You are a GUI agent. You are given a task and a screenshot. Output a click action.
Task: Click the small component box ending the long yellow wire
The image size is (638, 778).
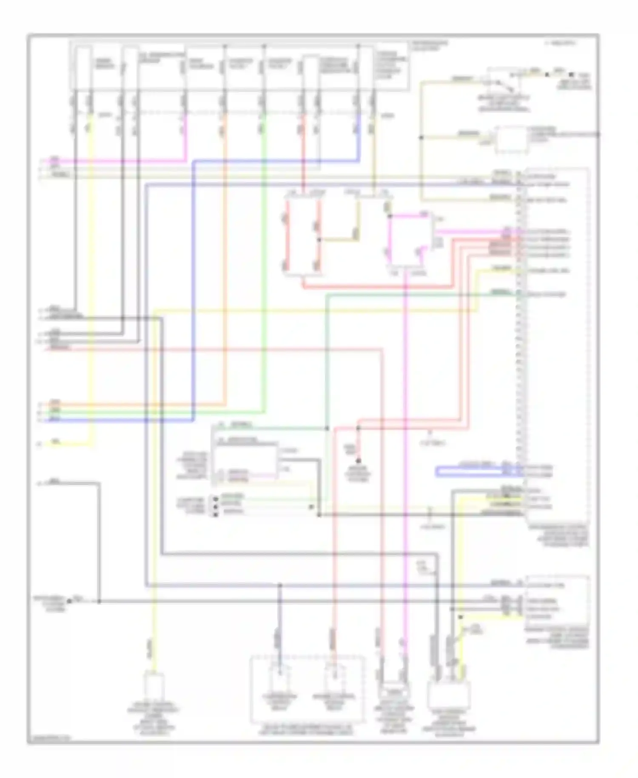click(x=155, y=684)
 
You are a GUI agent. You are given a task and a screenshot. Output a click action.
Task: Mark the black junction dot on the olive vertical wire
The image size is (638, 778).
click(x=421, y=137)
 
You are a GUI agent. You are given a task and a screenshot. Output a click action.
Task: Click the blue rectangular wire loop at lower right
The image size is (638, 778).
click(x=478, y=472)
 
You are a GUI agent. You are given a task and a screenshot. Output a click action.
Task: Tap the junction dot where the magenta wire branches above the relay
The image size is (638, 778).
click(x=390, y=216)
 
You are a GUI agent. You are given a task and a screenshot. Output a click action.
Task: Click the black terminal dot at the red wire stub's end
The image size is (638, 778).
click(x=359, y=461)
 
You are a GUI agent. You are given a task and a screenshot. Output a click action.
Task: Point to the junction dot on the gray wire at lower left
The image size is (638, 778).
click(x=99, y=601)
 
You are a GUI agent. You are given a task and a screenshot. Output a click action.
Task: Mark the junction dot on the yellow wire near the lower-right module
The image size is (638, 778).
click(x=460, y=617)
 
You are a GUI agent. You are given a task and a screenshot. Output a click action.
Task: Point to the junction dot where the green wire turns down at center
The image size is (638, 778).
click(x=327, y=428)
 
